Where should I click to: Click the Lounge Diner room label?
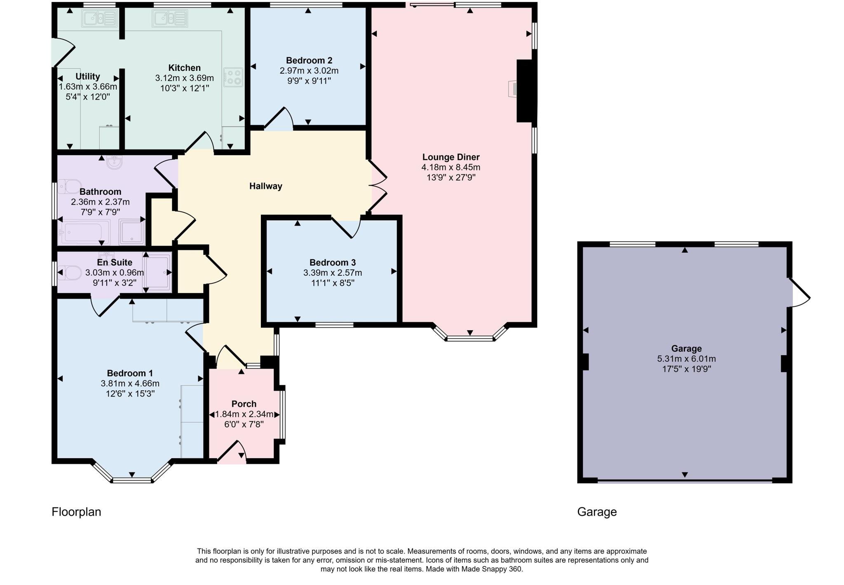click(450, 157)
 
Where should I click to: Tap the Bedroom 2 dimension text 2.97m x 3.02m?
click(309, 71)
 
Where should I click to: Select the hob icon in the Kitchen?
click(233, 77)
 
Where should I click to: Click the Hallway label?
click(265, 186)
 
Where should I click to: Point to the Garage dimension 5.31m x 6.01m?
click(686, 359)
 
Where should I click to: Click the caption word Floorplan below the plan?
click(76, 512)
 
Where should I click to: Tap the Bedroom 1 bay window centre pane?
click(132, 480)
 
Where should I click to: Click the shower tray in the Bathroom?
click(132, 232)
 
